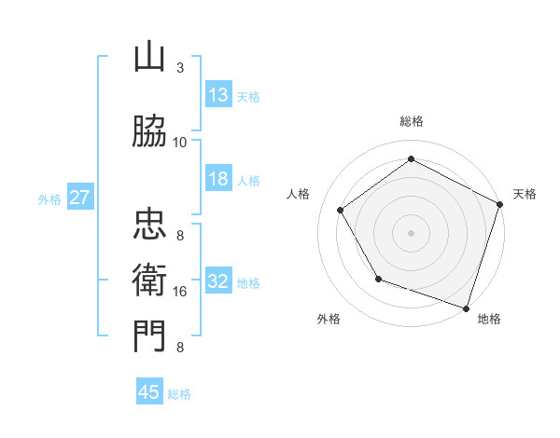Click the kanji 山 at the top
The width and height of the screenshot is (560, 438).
149,57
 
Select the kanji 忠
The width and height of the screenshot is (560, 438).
149,225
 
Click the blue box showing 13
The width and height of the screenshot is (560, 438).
218,95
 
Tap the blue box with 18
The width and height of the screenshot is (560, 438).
218,179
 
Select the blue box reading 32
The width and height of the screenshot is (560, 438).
218,282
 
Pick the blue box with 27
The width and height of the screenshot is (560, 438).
79,198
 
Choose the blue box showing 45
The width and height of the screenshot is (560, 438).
149,392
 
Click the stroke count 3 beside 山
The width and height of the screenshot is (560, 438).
179,67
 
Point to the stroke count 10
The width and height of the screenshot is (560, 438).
180,142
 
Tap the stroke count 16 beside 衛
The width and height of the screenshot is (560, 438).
180,292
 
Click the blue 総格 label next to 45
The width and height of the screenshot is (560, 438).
179,394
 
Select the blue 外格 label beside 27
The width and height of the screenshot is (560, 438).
49,198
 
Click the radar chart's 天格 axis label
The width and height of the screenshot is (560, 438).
525,194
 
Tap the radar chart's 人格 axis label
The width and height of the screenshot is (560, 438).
299,194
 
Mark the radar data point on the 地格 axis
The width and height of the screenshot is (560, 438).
465,307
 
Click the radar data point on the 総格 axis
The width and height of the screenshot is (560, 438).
411,159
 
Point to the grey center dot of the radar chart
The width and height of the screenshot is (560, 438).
411,232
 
